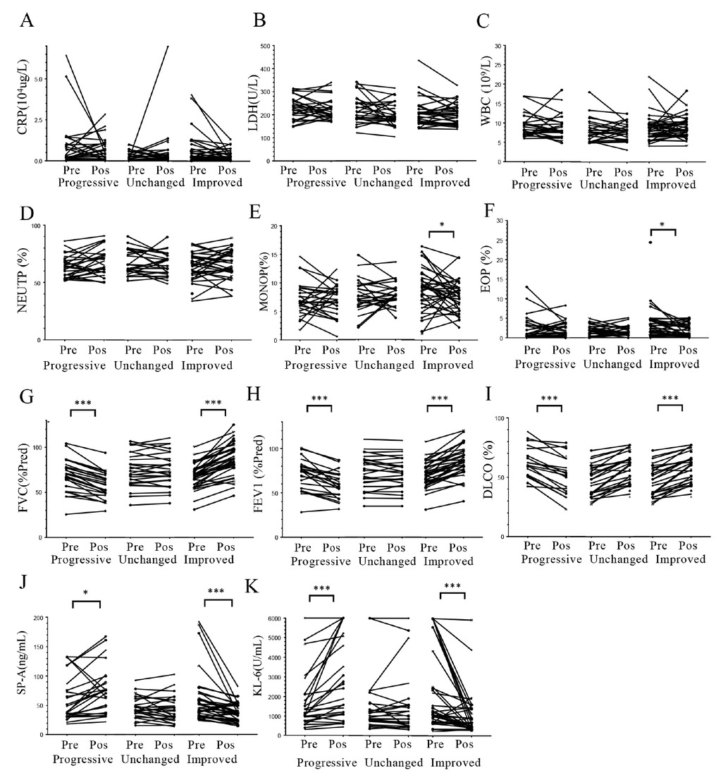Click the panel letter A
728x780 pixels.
coord(27,20)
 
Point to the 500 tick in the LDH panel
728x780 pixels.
coord(266,47)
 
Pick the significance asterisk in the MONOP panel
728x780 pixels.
coord(442,226)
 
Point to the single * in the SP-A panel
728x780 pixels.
coord(86,595)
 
